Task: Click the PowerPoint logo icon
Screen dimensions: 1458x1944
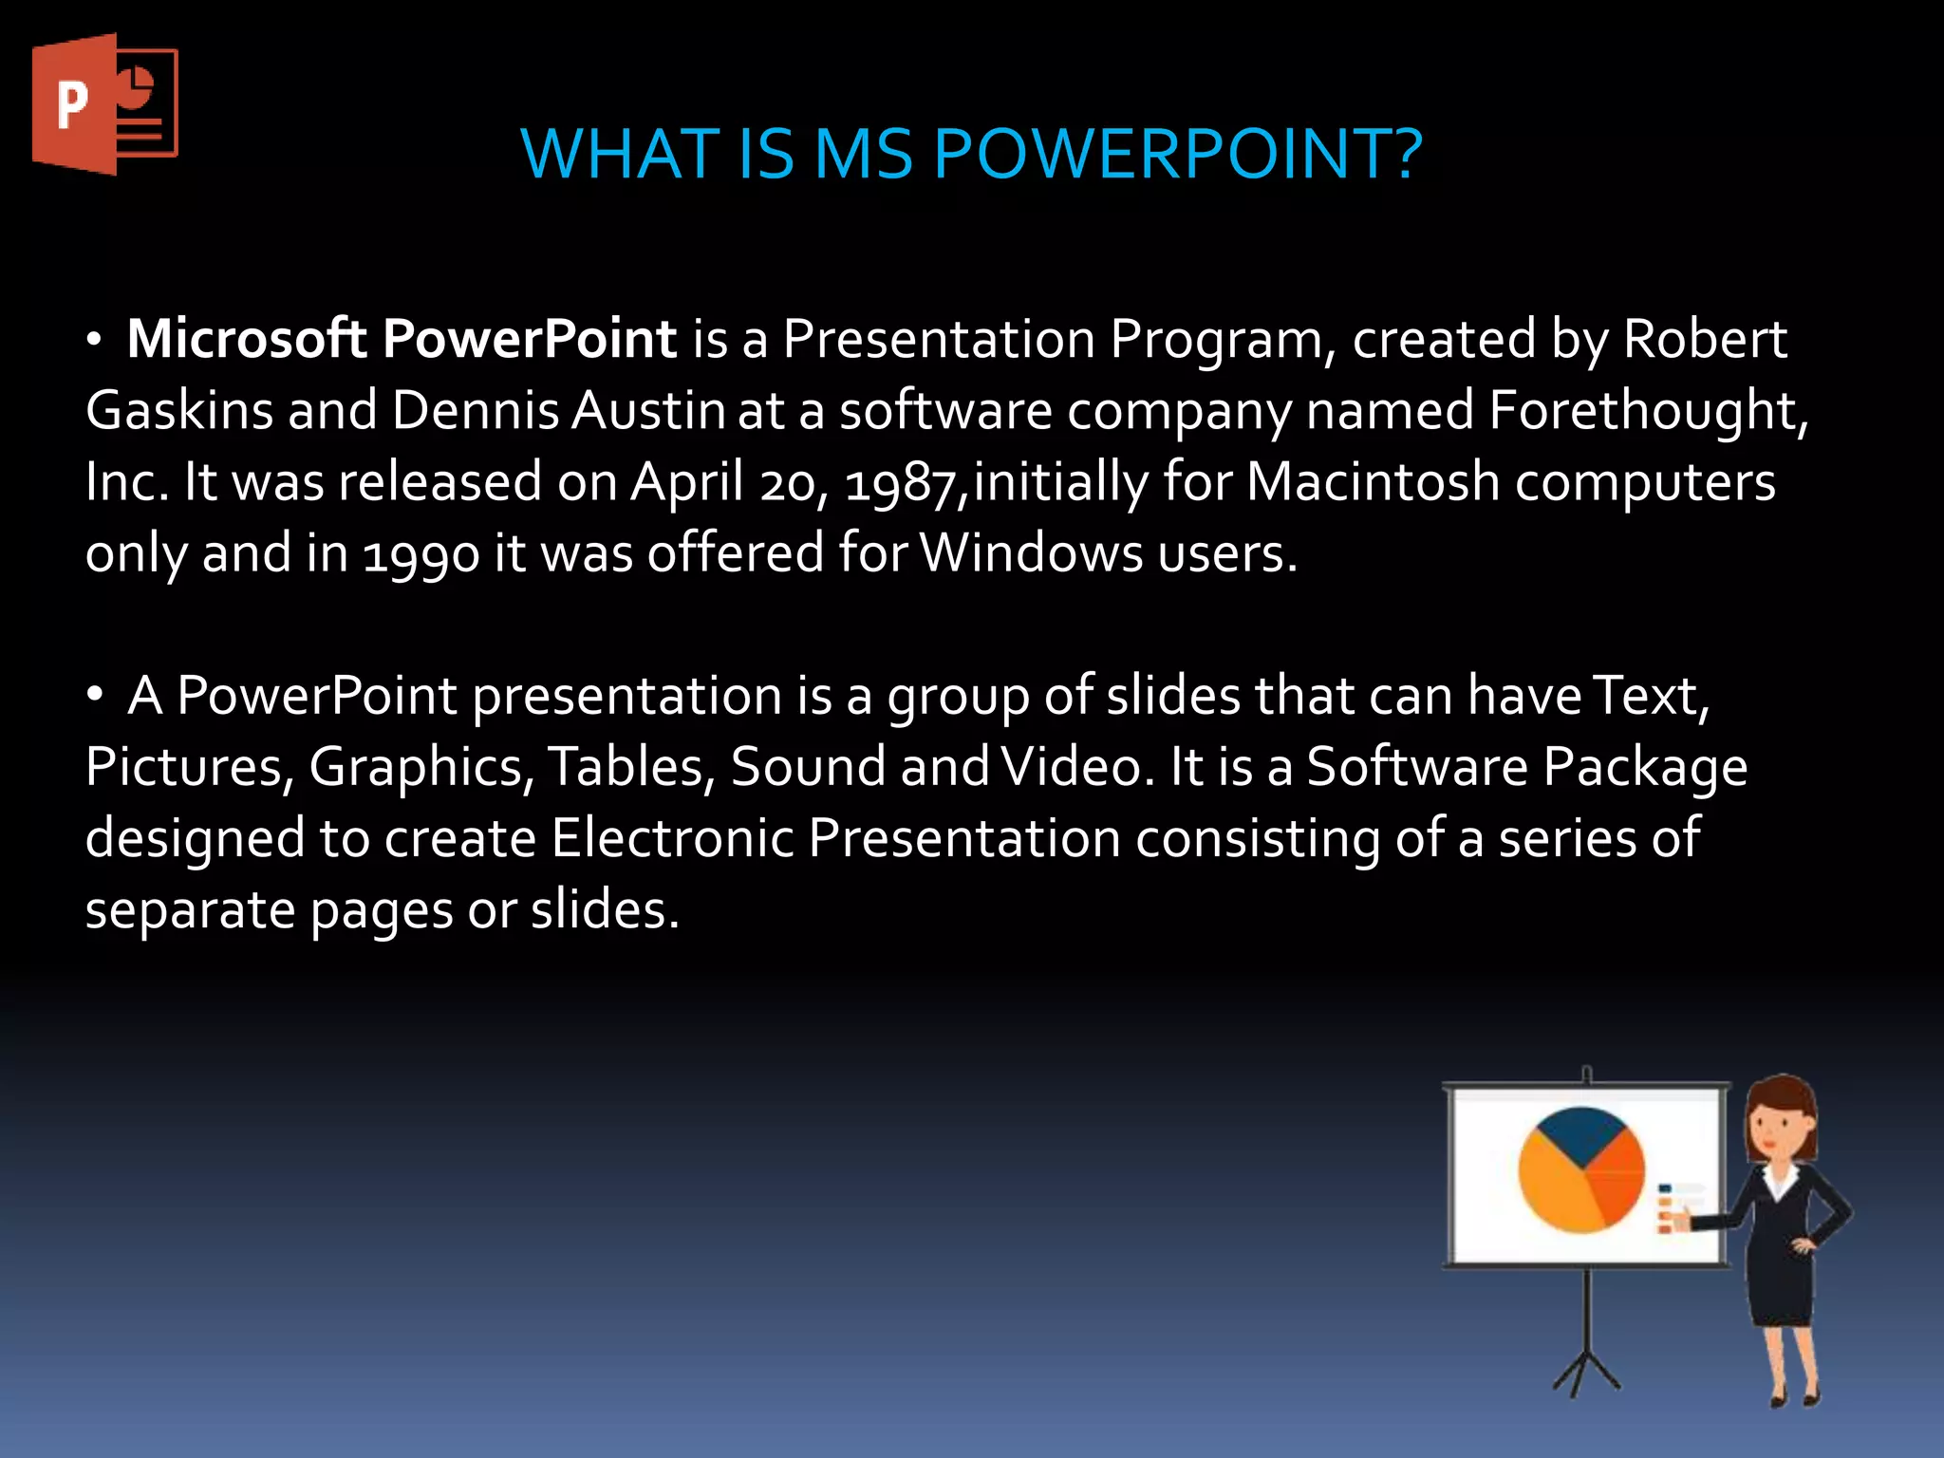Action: click(x=104, y=104)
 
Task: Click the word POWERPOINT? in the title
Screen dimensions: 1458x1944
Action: click(x=1177, y=154)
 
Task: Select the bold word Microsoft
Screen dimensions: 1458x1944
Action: click(x=247, y=339)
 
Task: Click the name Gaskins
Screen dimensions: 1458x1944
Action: click(x=178, y=411)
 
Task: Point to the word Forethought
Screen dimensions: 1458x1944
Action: click(x=1644, y=411)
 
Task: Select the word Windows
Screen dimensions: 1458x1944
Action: click(x=1031, y=553)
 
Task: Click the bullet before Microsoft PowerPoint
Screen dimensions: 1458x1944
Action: click(x=94, y=341)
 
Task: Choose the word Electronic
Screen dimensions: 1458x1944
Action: click(x=672, y=839)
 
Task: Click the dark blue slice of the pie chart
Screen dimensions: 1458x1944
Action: click(x=1579, y=1135)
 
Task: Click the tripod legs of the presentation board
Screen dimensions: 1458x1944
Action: click(x=1586, y=1367)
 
